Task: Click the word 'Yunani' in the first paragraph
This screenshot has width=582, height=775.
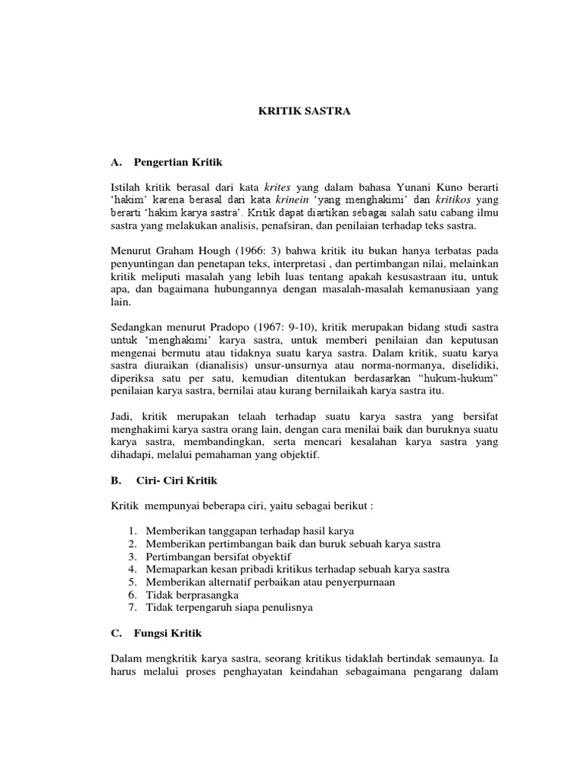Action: coord(410,187)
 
